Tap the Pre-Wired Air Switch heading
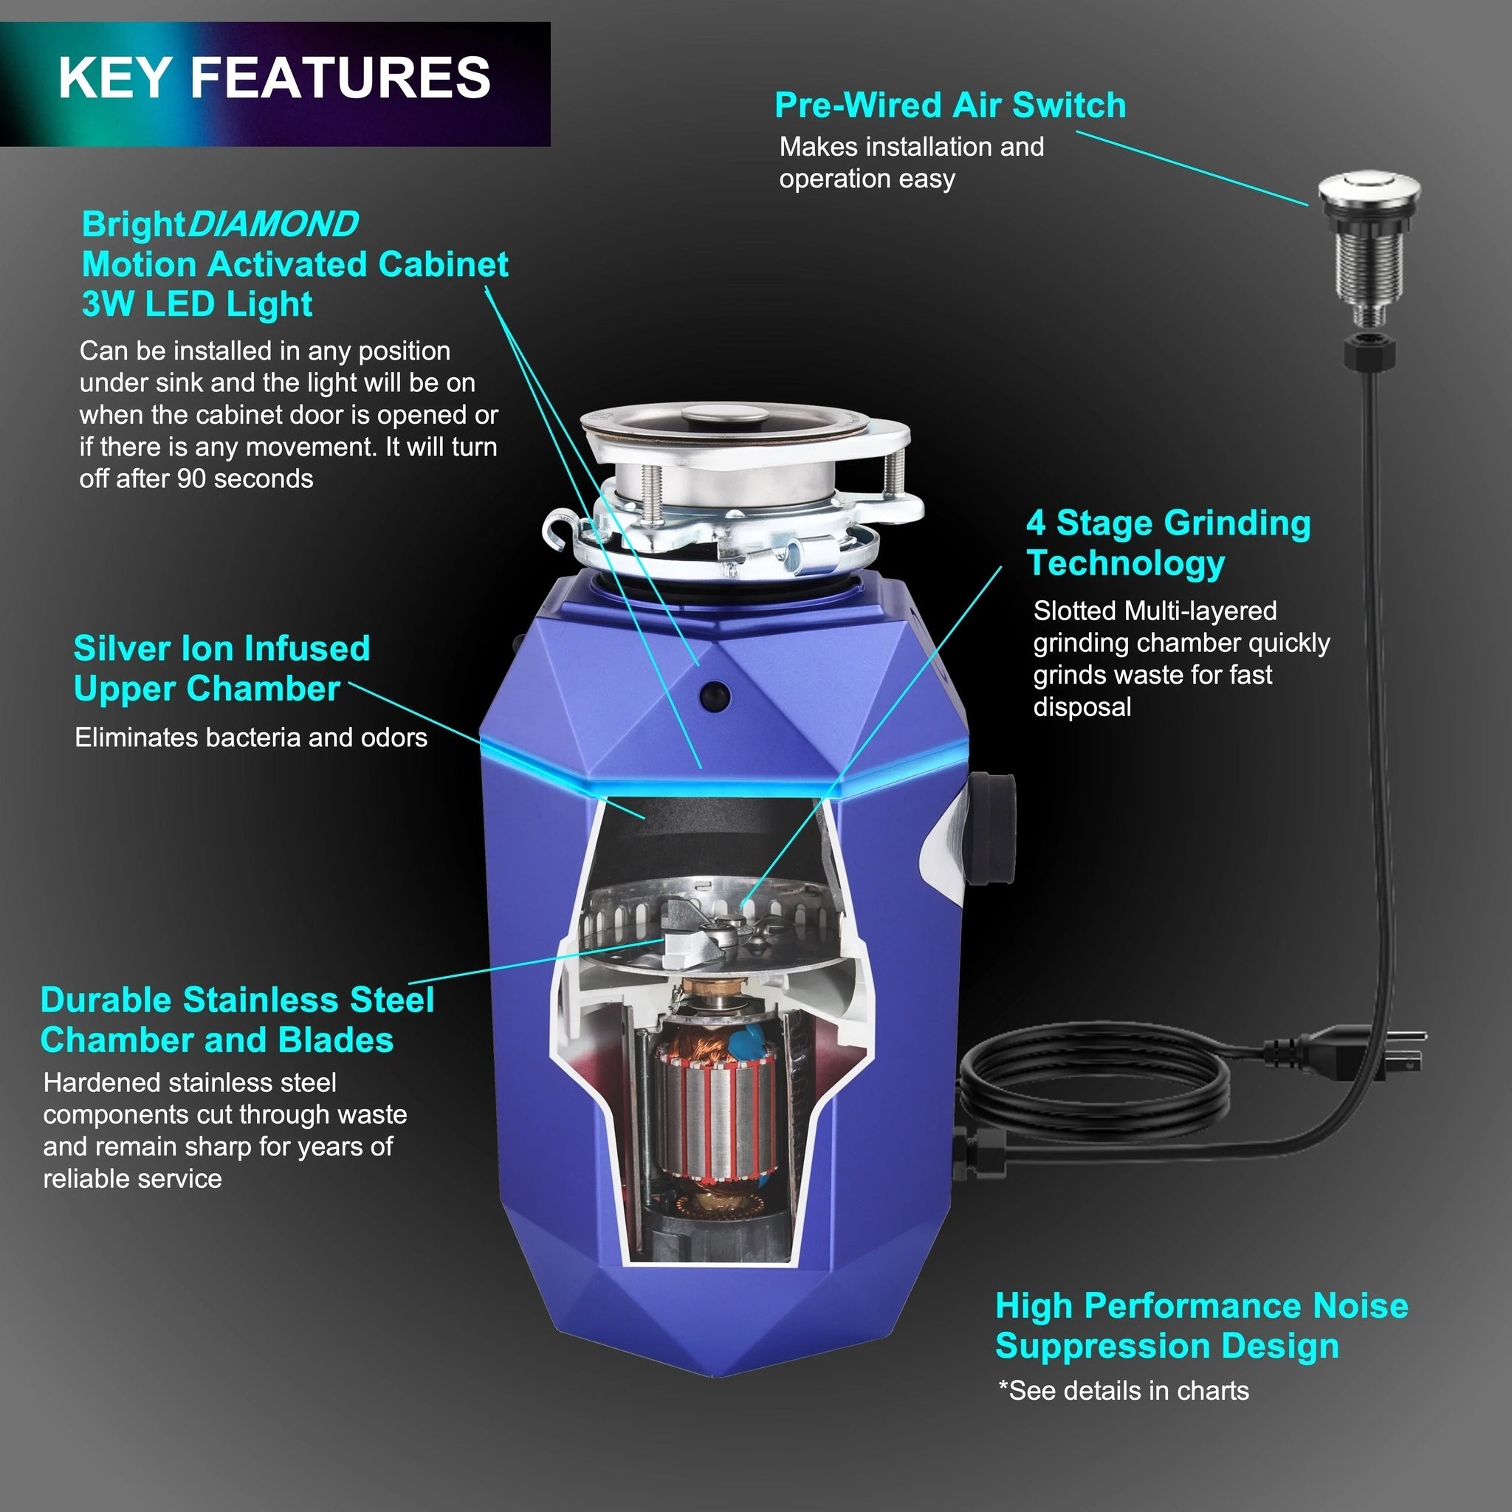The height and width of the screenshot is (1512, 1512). coord(949,106)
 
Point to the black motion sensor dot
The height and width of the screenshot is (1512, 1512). coord(715,695)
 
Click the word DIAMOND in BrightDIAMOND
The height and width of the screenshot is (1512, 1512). coord(272,224)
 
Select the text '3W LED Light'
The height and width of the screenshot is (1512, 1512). coord(197,304)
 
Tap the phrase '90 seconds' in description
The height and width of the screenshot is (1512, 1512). coord(244,479)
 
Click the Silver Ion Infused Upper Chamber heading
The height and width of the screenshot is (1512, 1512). coord(221,668)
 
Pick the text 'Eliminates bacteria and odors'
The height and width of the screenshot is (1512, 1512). coord(250,738)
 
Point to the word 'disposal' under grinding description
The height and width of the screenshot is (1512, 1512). coord(1082,707)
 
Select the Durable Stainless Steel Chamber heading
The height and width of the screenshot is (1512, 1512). coord(236,1020)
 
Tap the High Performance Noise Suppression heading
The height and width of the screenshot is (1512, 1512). coord(1200,1326)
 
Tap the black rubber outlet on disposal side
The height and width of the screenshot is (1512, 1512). coord(992,827)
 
